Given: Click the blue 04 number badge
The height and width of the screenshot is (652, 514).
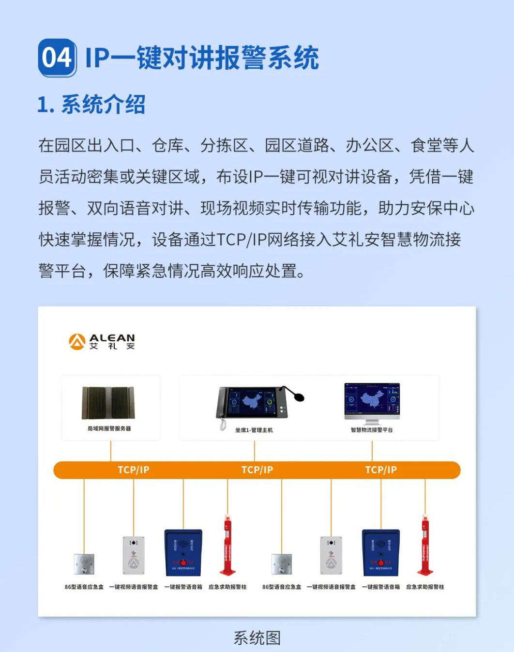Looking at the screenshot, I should coord(57,58).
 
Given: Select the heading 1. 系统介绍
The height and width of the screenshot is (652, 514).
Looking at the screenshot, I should coord(91,104).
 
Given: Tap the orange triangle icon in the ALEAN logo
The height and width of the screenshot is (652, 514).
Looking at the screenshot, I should coord(77,341).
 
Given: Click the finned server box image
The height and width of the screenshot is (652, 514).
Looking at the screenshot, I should coord(108,403).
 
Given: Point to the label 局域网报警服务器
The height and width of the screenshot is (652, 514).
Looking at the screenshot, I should coord(109,428).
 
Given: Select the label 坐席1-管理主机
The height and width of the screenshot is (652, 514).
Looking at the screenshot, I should coord(254,430).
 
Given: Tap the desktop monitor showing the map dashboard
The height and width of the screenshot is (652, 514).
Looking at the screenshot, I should coord(372,401).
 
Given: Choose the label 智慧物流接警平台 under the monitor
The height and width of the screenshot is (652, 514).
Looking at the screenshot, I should coord(372,430).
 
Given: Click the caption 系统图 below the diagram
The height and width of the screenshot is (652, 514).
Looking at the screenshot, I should coord(257,638).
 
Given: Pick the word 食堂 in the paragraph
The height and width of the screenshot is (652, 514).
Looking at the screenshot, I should coord(426,145).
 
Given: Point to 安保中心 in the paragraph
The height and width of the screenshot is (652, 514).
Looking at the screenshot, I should coord(442,208).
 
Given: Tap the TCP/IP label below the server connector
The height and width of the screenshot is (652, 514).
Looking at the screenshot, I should coord(133,470).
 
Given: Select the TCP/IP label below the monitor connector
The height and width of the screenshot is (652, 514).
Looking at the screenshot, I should coord(380,470).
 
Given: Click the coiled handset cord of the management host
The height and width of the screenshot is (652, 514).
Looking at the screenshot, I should coord(223,425).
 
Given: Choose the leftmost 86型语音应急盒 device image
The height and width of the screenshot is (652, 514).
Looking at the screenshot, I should coord(84,564).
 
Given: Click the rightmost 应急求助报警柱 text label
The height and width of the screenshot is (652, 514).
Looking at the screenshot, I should coord(425,587).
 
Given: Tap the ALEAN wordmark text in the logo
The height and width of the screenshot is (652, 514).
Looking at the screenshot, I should coord(112,338).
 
